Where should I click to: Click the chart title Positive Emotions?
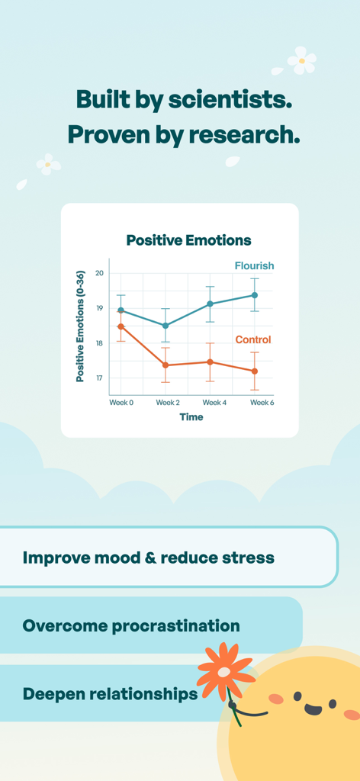pyautogui.click(x=188, y=240)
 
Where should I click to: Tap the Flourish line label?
pyautogui.click(x=254, y=266)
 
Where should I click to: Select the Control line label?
pyautogui.click(x=252, y=339)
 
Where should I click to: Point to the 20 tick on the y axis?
pyautogui.click(x=100, y=273)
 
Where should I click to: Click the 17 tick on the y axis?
pyautogui.click(x=100, y=378)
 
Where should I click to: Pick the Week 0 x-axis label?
pyautogui.click(x=121, y=402)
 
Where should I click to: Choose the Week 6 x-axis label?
pyautogui.click(x=262, y=402)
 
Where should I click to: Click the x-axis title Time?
pyautogui.click(x=191, y=417)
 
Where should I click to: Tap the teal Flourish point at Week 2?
pyautogui.click(x=166, y=326)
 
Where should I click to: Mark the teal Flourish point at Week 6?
pyautogui.click(x=255, y=295)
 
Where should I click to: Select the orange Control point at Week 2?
pyautogui.click(x=166, y=365)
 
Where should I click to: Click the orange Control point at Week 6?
pyautogui.click(x=255, y=371)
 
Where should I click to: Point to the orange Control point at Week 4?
pyautogui.click(x=211, y=362)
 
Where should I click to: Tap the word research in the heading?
pyautogui.click(x=244, y=135)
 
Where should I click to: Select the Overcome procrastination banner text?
pyautogui.click(x=131, y=626)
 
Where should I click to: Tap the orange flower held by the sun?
pyautogui.click(x=224, y=671)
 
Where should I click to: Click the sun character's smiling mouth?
pyautogui.click(x=313, y=709)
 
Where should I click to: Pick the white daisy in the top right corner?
pyautogui.click(x=302, y=60)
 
